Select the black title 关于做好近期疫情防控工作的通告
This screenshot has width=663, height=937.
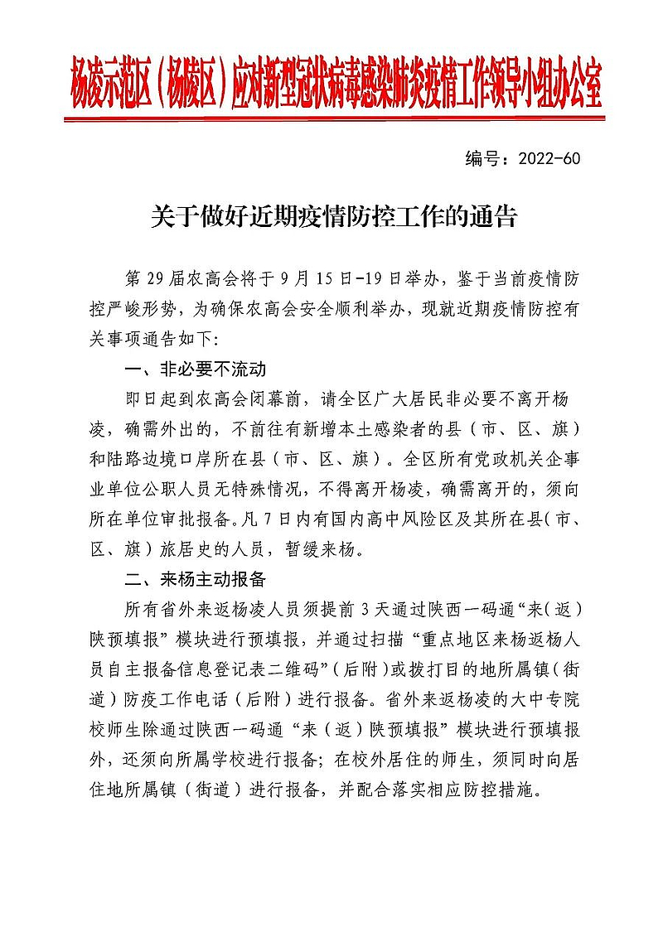335,217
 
